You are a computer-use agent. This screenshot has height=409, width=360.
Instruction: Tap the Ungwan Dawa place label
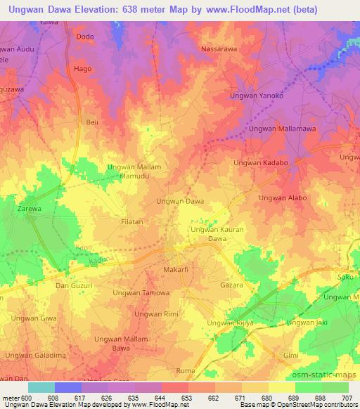tap(180, 201)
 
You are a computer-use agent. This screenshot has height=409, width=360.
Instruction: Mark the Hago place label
tap(82, 70)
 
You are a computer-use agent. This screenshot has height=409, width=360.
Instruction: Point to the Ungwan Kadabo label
tap(261, 163)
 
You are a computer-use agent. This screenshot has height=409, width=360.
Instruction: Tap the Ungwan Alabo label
tap(283, 198)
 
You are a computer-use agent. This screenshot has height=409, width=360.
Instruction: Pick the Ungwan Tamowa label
tap(141, 292)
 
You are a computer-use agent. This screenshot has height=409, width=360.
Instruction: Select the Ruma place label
tap(185, 370)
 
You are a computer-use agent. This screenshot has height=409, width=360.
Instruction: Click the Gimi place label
tap(290, 356)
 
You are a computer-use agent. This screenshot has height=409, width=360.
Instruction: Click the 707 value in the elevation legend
tap(347, 397)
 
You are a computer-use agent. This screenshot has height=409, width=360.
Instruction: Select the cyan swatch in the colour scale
tap(41, 387)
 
